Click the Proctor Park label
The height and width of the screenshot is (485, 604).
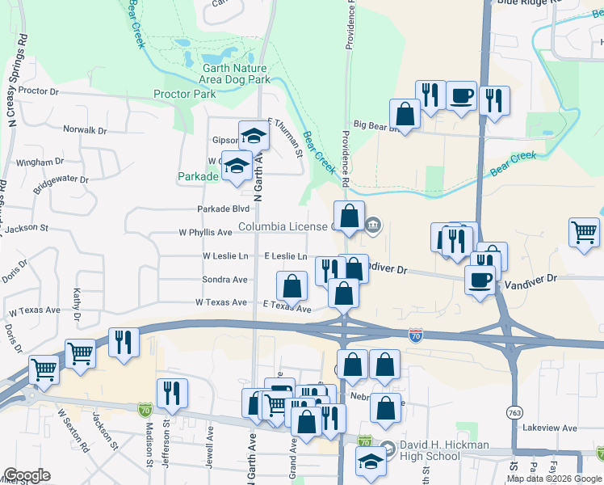[184, 94]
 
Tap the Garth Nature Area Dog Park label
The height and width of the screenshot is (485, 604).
[235, 74]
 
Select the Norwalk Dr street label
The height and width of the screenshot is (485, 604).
[85, 130]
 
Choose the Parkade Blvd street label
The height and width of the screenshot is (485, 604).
[224, 209]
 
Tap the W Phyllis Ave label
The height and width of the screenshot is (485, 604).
[205, 232]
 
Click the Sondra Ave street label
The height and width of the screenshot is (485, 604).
[224, 280]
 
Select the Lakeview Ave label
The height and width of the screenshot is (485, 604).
[550, 428]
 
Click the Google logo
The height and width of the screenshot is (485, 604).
[27, 475]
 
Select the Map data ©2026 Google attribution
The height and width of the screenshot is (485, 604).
[555, 479]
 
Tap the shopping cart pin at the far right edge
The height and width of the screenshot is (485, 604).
[583, 232]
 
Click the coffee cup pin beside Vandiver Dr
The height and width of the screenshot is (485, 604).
[480, 280]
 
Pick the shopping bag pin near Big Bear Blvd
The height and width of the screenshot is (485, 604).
[405, 114]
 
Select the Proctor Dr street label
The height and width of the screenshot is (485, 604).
[39, 91]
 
